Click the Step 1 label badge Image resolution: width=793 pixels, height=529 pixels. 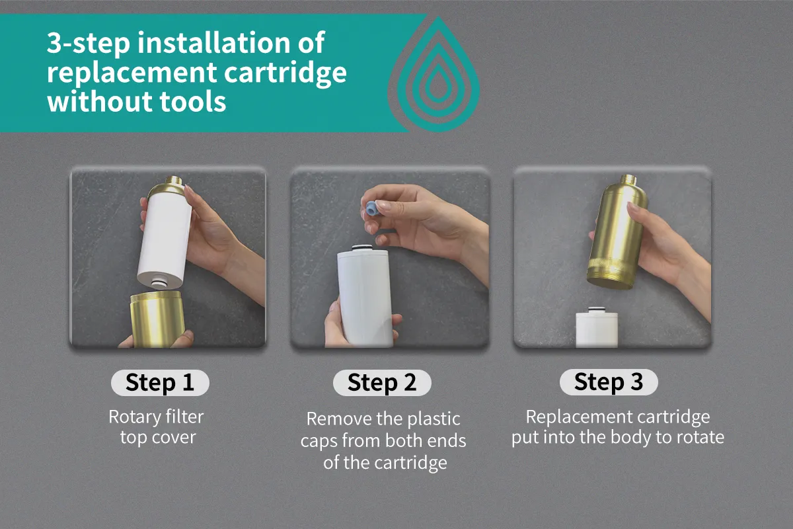tap(160, 383)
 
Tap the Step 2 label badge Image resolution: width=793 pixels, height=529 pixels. tap(382, 383)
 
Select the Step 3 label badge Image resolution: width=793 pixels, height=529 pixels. tap(609, 382)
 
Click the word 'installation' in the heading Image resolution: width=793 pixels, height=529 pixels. tap(231, 43)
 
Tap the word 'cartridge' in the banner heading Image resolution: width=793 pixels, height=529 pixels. tap(285, 73)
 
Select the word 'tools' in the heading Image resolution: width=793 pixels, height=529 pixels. tap(192, 102)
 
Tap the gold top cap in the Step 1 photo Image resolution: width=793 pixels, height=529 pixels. tap(166, 186)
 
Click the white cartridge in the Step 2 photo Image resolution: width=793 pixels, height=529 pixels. tap(364, 296)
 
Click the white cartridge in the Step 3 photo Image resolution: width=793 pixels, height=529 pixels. tap(597, 328)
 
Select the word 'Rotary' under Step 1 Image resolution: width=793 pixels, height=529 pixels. tap(130, 417)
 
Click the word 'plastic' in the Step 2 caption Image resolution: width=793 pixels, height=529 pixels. tap(434, 419)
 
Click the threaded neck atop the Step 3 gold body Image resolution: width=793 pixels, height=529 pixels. tap(628, 180)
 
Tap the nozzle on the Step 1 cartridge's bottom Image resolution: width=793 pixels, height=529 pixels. tap(159, 283)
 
